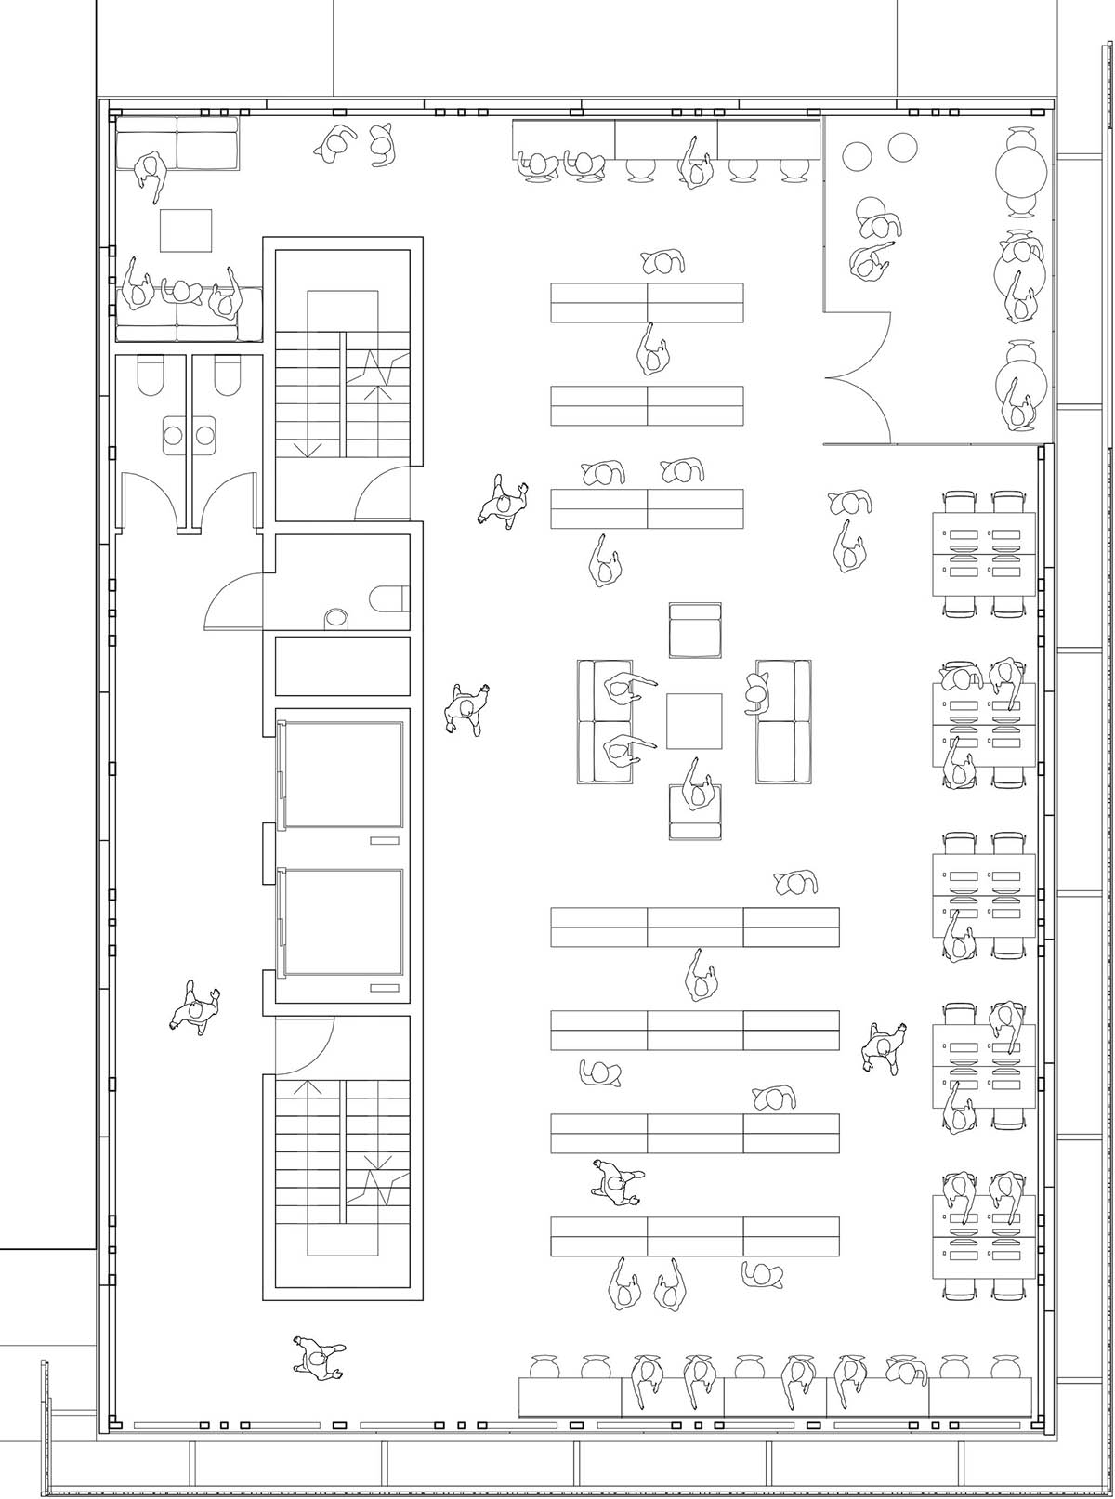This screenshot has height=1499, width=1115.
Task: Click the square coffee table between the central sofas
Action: tap(694, 721)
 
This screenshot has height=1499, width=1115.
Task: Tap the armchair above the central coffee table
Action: tap(696, 630)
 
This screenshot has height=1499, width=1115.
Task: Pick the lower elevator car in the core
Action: tap(344, 922)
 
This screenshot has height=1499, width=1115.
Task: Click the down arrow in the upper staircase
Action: tap(309, 448)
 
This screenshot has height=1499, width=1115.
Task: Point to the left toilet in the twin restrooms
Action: tap(149, 376)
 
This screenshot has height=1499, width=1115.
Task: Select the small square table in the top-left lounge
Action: tap(186, 230)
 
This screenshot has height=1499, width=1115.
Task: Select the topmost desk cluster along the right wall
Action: tap(984, 553)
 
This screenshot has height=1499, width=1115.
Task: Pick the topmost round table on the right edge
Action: tap(1022, 170)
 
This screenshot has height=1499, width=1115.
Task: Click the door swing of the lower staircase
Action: tap(307, 1045)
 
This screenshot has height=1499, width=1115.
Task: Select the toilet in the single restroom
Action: tap(388, 599)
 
